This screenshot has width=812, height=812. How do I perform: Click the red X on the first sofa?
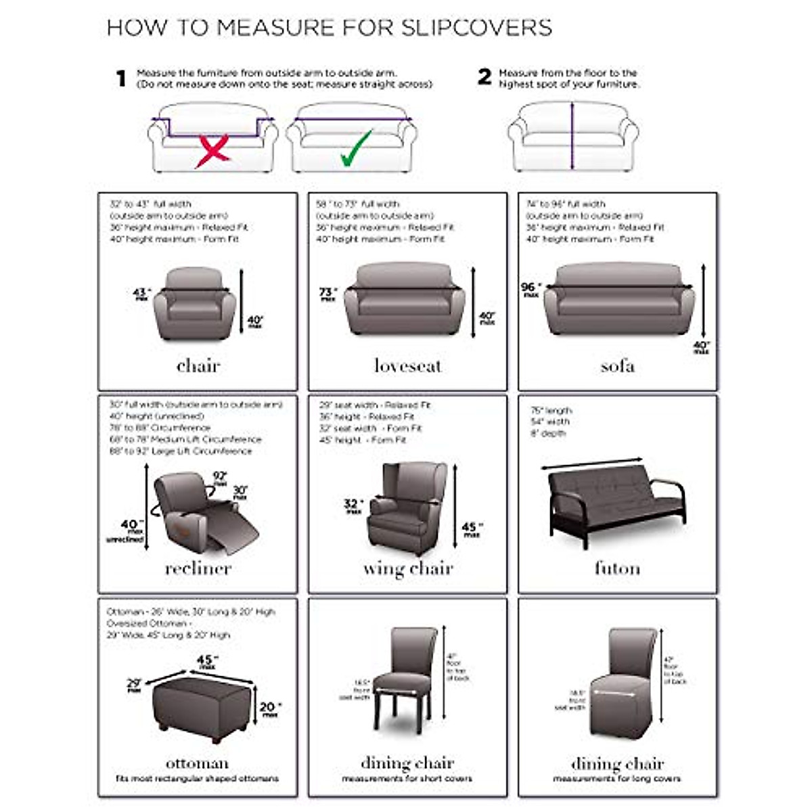point(212,151)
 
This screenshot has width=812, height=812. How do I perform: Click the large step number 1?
point(121,78)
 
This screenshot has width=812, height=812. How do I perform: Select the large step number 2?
point(484,77)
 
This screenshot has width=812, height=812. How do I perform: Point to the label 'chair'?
point(198,366)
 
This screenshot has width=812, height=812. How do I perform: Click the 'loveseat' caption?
point(407,366)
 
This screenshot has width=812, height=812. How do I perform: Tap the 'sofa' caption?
point(617,366)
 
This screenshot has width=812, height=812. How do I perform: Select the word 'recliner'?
point(198,568)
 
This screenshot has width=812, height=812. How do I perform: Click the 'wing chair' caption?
point(407,568)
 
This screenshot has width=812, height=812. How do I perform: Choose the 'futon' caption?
point(617,568)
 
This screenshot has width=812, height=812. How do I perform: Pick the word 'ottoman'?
point(197,763)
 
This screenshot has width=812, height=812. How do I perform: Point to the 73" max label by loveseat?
point(328,294)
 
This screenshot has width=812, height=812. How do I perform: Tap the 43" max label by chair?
point(141,294)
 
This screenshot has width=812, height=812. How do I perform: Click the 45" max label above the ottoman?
point(207,661)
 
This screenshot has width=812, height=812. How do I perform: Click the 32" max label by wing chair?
point(353,505)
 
